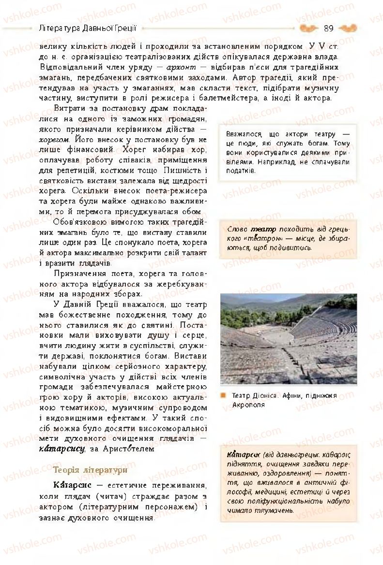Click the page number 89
(x=328, y=28)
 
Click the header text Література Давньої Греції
(x=87, y=28)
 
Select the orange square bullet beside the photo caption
(x=223, y=395)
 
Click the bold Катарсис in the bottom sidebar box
(x=242, y=455)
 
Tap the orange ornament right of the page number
(x=348, y=28)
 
